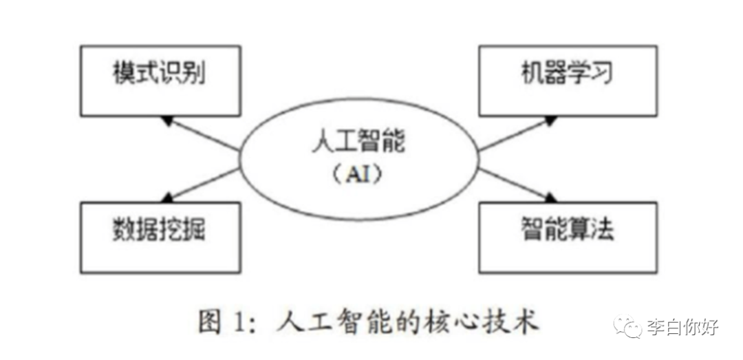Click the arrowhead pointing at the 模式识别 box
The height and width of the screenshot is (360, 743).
pyautogui.click(x=165, y=120)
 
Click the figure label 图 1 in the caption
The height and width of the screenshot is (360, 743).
pyautogui.click(x=221, y=321)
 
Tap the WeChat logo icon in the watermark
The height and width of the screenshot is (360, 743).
pyautogui.click(x=627, y=326)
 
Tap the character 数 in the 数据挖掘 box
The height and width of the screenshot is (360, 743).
pyautogui.click(x=122, y=231)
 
